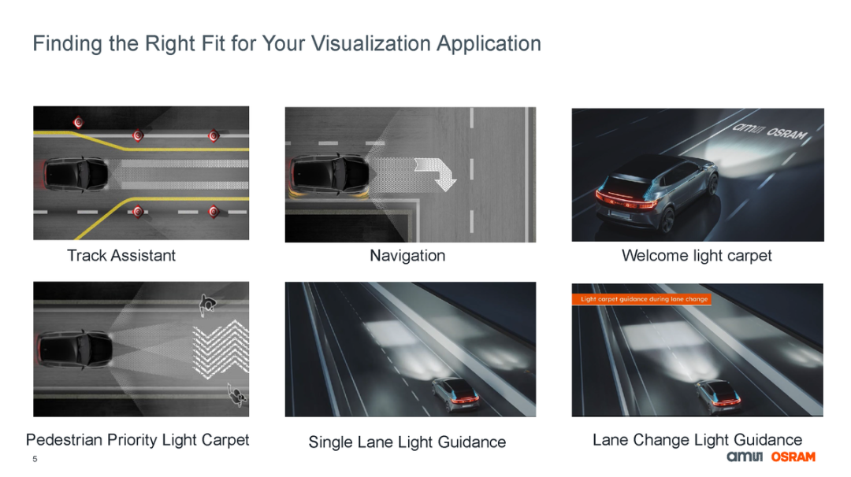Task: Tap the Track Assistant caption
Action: (121, 255)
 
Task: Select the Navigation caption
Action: (407, 255)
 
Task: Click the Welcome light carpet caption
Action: (697, 255)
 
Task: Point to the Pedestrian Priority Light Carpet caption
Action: (137, 439)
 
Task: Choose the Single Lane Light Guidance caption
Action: (407, 442)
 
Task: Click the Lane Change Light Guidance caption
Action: (697, 439)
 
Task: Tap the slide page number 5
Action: (35, 459)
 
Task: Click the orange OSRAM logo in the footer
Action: (793, 457)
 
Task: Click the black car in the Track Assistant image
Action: (75, 175)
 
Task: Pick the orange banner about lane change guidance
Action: (641, 298)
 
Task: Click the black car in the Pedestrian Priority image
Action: (75, 349)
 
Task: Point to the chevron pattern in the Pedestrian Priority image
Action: (221, 349)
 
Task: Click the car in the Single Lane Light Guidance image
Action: (456, 394)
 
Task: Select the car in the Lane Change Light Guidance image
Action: (718, 395)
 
